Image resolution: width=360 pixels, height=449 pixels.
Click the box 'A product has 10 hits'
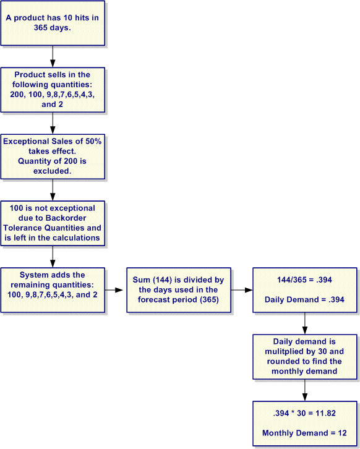click(53, 23)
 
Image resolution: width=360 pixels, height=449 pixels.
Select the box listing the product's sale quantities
click(53, 90)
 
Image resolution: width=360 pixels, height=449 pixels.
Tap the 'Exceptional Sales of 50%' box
click(53, 156)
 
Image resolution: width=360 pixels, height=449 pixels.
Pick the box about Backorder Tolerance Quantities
click(53, 223)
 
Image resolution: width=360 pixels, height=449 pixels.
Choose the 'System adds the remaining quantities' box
click(53, 290)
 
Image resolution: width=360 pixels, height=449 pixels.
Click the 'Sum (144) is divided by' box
click(179, 290)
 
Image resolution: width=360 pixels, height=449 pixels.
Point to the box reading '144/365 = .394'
click(305, 290)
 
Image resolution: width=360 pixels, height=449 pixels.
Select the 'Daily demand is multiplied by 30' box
click(305, 357)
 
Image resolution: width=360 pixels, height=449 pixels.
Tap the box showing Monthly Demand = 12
click(305, 424)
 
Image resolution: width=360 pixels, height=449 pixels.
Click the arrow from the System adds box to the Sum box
click(114, 290)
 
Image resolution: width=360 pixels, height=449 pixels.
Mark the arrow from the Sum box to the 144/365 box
click(242, 290)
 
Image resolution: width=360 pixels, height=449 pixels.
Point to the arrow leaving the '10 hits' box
click(53, 56)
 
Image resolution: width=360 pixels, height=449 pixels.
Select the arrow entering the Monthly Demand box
click(305, 390)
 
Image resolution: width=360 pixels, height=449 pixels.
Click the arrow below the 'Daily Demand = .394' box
click(305, 323)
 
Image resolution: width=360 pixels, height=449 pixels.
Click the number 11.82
click(325, 413)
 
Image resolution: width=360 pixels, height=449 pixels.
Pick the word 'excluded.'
click(53, 171)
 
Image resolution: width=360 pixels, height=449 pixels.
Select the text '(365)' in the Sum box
click(210, 299)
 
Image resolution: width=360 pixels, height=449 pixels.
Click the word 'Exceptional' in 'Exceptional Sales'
click(26, 142)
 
